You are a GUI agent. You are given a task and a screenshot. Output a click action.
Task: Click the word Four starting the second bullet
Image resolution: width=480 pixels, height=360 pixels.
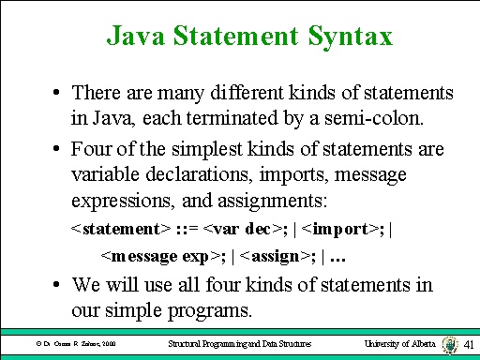pyautogui.click(x=91, y=150)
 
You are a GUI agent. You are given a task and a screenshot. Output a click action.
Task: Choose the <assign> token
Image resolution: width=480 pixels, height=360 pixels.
pyautogui.click(x=275, y=255)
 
